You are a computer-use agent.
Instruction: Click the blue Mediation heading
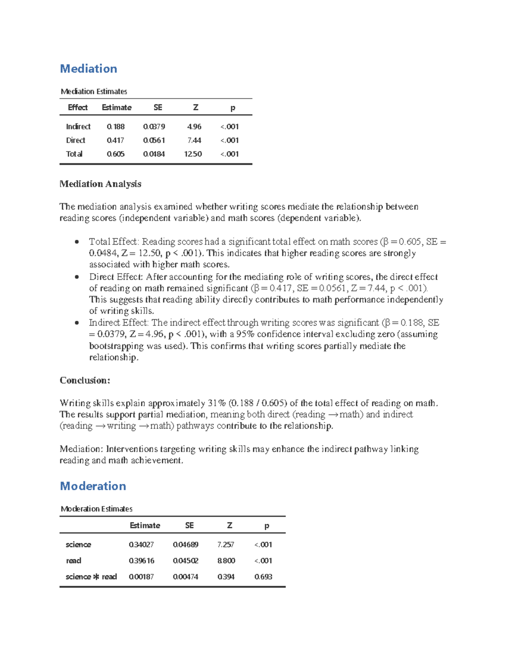click(x=89, y=69)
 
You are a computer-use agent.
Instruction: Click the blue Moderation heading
click(x=93, y=486)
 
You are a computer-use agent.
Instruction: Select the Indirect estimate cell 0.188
click(x=116, y=127)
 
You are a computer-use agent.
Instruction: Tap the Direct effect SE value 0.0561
click(x=154, y=140)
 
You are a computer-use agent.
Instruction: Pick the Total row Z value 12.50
click(x=193, y=154)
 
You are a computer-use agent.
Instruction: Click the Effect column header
click(x=78, y=108)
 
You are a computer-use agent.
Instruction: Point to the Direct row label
click(x=75, y=140)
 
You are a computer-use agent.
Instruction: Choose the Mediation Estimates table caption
click(x=94, y=92)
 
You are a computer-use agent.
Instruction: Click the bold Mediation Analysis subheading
click(x=100, y=184)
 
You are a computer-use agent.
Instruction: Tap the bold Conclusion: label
click(x=85, y=380)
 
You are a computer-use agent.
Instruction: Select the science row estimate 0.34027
click(x=141, y=544)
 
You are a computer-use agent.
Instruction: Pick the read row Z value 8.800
click(x=226, y=561)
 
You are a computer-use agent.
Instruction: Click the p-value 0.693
click(x=263, y=577)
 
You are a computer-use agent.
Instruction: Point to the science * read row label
click(x=91, y=577)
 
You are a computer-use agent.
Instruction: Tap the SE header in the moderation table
click(x=189, y=526)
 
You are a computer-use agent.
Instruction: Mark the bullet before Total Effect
click(x=77, y=242)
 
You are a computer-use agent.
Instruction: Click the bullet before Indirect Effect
click(x=77, y=323)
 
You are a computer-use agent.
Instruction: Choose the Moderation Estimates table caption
click(x=97, y=509)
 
